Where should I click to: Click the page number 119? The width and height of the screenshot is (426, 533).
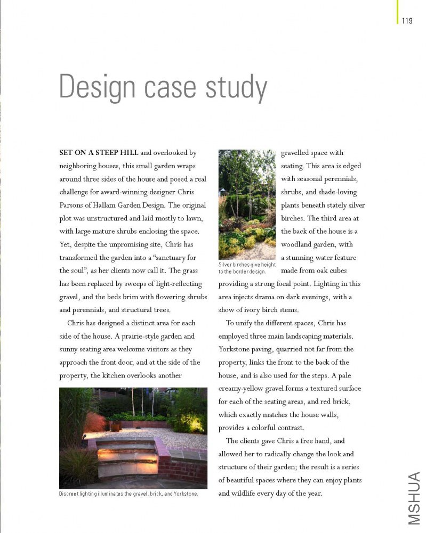point(407,21)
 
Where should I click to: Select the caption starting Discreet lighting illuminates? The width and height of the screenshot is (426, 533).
point(128,494)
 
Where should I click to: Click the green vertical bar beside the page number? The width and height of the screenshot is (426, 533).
point(398,12)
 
